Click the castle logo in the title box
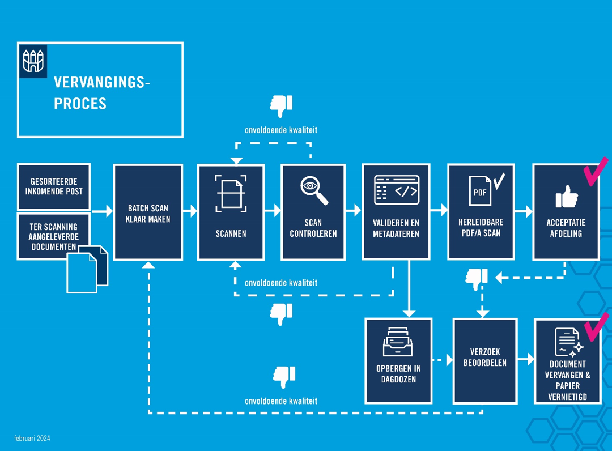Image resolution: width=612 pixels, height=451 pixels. [34, 61]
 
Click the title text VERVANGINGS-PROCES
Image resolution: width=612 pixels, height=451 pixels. [101, 93]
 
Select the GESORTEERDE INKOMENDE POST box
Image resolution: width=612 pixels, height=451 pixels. [54, 186]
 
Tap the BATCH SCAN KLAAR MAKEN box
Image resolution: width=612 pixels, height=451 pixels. [148, 212]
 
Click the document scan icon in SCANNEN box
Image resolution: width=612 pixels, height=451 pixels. [231, 193]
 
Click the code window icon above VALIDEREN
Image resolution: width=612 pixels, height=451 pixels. [397, 190]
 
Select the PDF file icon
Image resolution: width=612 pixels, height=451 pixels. [481, 191]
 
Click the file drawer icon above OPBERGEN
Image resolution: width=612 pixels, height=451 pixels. [398, 342]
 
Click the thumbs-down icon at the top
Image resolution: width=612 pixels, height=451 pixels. [281, 106]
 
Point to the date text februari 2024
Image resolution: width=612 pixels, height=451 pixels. [32, 439]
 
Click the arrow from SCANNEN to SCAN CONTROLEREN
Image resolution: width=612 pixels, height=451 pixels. [273, 210]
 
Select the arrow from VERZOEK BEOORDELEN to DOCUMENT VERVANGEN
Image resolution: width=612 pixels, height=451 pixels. [526, 359]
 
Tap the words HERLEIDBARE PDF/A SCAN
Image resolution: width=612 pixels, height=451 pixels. [480, 228]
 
